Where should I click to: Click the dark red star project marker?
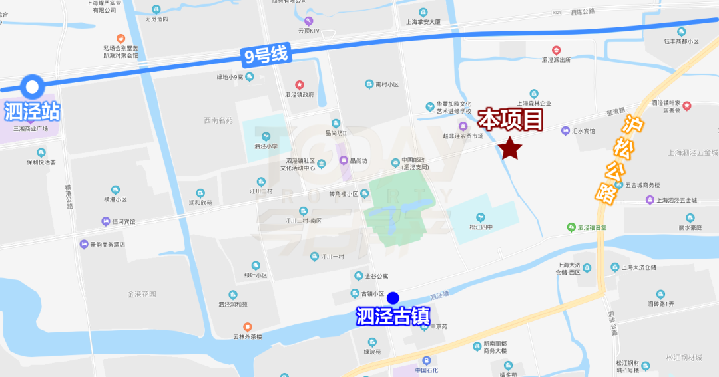(510, 148)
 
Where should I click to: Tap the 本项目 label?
(512, 119)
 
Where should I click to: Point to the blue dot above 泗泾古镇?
(393, 297)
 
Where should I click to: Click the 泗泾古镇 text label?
(393, 315)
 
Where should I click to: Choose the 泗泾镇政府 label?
(300, 94)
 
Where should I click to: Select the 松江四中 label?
(480, 227)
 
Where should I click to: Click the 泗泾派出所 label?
(556, 59)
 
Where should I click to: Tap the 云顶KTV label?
(308, 31)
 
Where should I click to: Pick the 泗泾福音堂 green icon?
(571, 227)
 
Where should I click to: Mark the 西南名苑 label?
(218, 120)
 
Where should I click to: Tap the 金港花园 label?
(142, 293)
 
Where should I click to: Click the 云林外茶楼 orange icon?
(248, 326)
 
